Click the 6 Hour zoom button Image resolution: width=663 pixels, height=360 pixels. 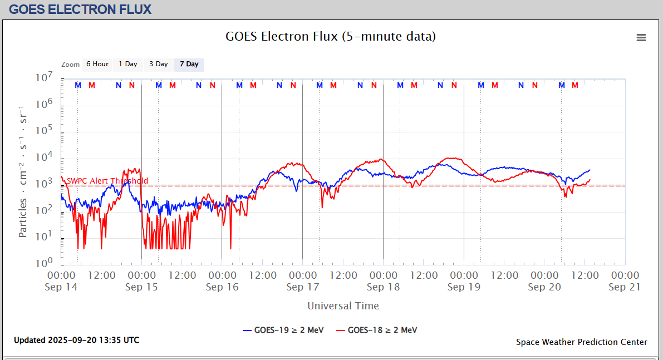(97, 65)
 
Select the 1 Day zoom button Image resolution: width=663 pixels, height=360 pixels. (127, 65)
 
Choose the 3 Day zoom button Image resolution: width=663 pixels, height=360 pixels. (158, 65)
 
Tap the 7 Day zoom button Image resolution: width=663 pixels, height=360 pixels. (189, 65)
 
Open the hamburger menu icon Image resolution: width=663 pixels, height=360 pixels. (641, 38)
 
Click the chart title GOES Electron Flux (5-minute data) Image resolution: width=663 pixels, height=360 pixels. (331, 37)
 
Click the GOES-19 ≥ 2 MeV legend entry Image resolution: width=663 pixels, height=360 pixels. (283, 330)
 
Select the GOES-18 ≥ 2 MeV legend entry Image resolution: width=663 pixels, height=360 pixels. (376, 330)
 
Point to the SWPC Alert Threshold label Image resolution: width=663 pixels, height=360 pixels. (107, 181)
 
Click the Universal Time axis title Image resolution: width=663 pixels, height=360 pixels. (343, 306)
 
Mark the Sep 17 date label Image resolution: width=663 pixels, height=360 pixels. (302, 287)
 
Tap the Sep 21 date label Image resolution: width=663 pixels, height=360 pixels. (625, 287)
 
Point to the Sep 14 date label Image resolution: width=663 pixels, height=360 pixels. (61, 287)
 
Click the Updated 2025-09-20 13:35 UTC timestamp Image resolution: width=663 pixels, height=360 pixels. (77, 340)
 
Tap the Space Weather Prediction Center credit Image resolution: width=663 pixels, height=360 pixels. (581, 342)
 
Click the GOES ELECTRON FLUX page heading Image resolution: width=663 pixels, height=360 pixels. (80, 9)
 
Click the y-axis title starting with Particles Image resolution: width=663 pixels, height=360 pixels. (23, 170)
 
